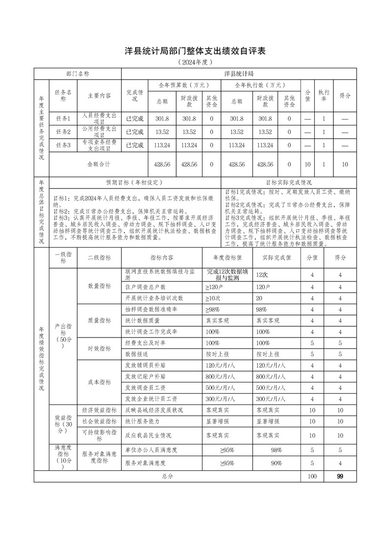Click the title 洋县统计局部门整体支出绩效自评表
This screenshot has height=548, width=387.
(194, 51)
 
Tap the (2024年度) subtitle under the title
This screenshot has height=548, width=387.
(194, 63)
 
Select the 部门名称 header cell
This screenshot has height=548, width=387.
(78, 74)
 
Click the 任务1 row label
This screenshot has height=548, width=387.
(63, 118)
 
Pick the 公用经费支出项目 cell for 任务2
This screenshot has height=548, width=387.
(99, 131)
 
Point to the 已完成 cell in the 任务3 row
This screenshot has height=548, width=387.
(135, 145)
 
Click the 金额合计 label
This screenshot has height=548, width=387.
(99, 165)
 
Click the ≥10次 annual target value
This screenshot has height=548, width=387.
(213, 298)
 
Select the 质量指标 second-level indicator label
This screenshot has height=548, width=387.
(99, 320)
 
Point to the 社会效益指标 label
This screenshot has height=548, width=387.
(99, 421)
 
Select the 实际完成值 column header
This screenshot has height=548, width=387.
(277, 257)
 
